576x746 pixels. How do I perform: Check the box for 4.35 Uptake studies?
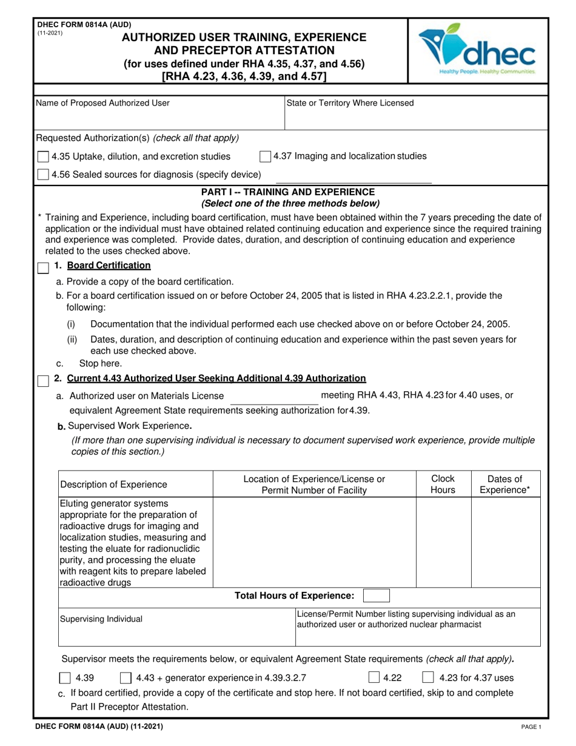43,157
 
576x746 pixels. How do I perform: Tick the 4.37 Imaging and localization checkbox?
265,156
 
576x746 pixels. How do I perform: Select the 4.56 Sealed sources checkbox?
43,175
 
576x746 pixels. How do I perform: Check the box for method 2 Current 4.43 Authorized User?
43,380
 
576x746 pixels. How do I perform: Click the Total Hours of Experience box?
376,596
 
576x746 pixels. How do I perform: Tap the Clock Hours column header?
443,483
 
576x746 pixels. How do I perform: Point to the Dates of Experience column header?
504,483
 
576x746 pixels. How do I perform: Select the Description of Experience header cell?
113,484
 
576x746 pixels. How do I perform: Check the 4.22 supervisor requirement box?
374,678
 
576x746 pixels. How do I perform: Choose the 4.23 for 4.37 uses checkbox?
427,678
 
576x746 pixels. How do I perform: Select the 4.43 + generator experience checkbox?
127,678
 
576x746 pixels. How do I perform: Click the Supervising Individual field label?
101,619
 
